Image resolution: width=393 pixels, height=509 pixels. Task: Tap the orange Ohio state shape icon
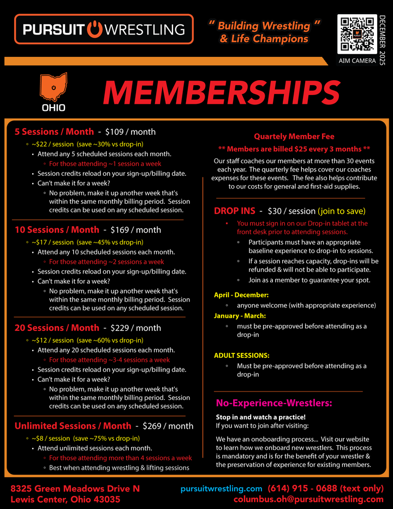pos(53,88)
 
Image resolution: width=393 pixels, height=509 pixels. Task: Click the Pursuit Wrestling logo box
pos(104,29)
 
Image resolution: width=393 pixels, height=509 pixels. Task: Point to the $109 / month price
pos(130,132)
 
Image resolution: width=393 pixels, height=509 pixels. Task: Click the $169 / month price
pos(135,230)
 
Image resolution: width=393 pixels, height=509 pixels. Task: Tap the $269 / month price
pos(168,426)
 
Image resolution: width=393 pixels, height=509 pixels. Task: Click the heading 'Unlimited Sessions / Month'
pos(73,426)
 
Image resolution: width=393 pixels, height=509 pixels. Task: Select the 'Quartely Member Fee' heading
pos(294,137)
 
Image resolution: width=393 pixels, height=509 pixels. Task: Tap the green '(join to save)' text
pos(344,211)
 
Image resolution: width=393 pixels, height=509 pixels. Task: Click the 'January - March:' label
pos(240,316)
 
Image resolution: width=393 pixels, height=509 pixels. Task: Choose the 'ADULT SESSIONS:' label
pos(241,356)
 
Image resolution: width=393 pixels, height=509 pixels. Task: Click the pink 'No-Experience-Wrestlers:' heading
pos(273,404)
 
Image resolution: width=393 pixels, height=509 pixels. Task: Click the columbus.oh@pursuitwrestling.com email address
pos(308,499)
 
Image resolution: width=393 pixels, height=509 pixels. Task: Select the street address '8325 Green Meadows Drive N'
pos(75,488)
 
